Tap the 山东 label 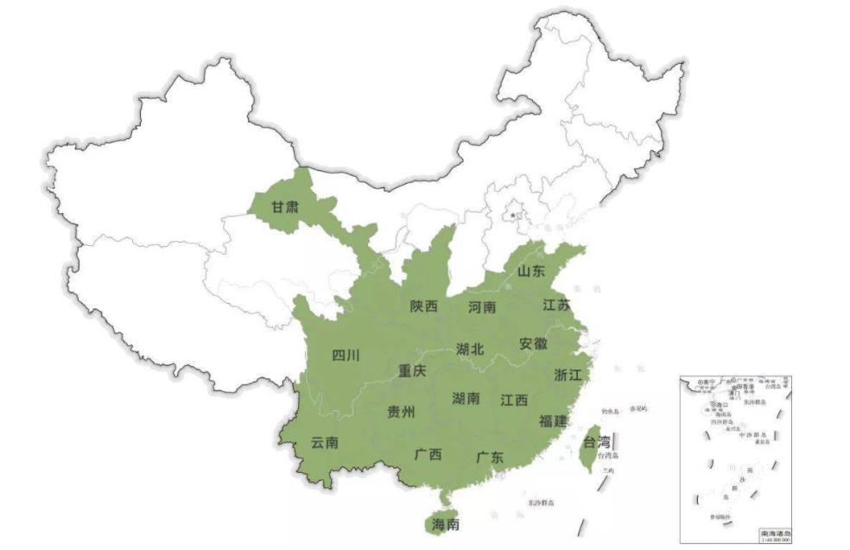[531, 271]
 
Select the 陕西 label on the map [423, 307]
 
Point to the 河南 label [482, 307]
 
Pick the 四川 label [346, 355]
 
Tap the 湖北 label [470, 349]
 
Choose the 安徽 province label [533, 343]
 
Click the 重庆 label [412, 370]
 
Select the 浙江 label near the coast [568, 374]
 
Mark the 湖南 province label [466, 398]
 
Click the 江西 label [514, 400]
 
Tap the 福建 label [552, 420]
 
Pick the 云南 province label [324, 443]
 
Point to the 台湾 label [596, 443]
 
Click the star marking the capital [516, 213]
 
